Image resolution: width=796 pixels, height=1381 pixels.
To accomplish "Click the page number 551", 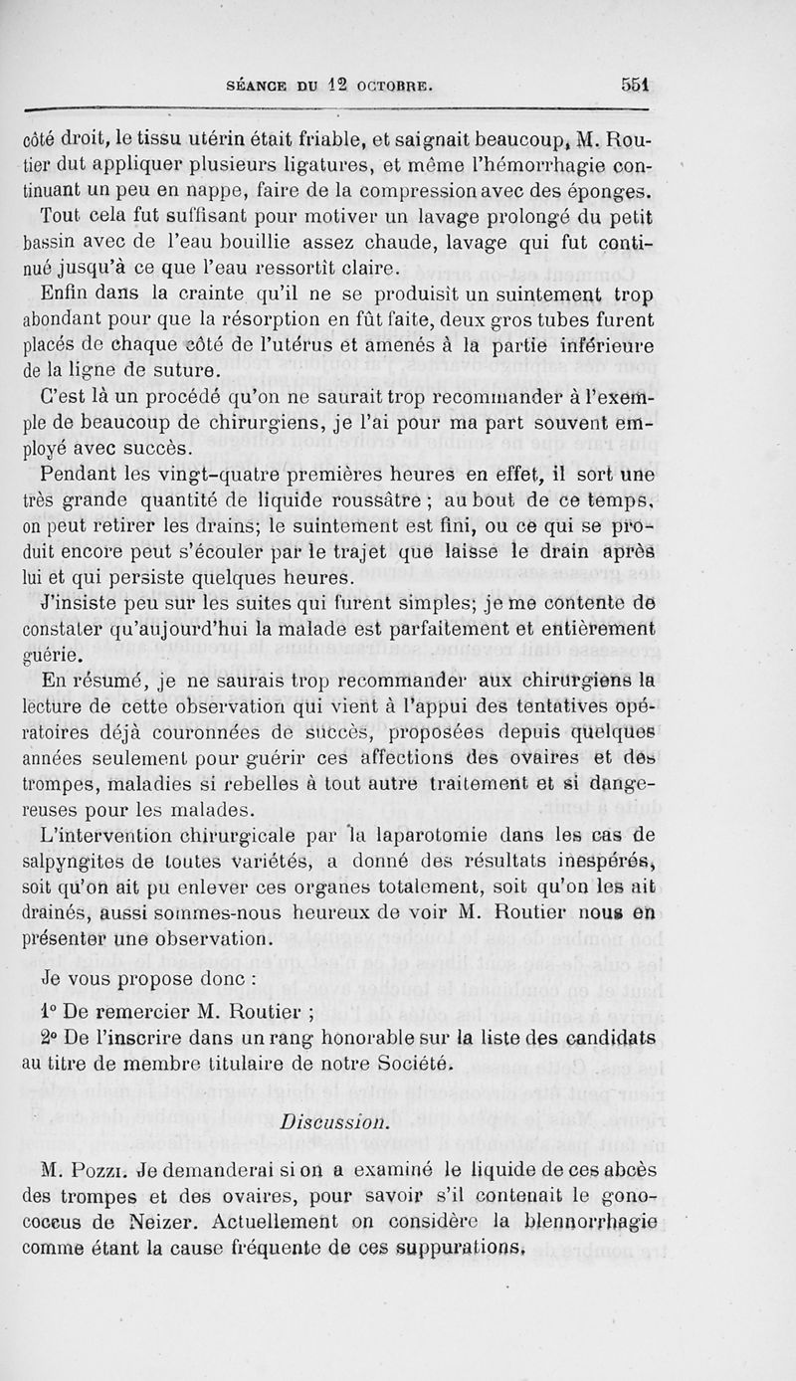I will point(631,85).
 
